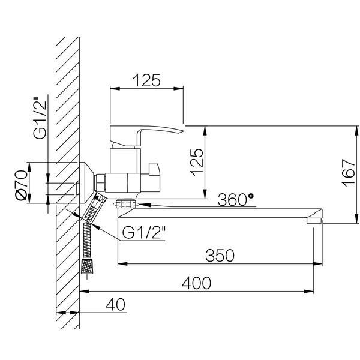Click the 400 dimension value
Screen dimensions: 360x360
(196, 283)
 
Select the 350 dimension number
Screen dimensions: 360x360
(220, 256)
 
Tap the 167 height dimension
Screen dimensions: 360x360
(348, 173)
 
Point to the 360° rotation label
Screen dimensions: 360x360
(236, 200)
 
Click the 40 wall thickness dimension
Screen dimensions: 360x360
(115, 304)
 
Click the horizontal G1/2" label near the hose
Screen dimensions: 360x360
(144, 232)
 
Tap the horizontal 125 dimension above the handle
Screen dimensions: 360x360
(146, 80)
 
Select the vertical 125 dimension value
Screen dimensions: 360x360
(197, 163)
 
